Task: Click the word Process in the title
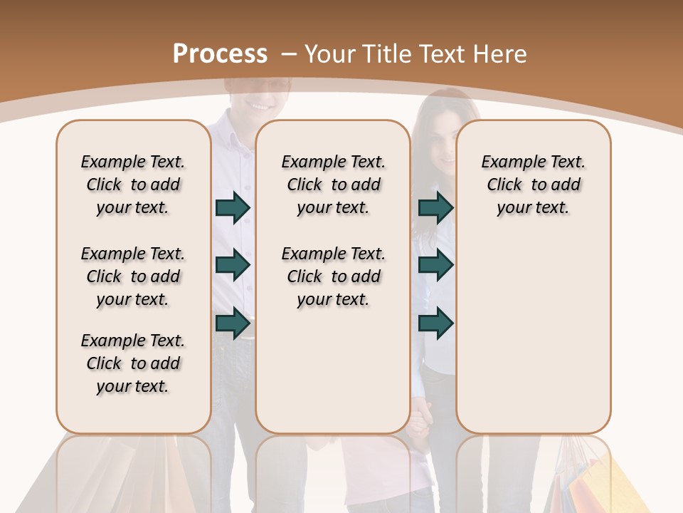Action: (x=220, y=53)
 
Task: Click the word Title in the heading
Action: (x=388, y=53)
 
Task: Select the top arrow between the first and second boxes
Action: (x=233, y=208)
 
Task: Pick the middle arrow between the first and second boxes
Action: (x=233, y=265)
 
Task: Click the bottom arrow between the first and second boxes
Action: (x=233, y=323)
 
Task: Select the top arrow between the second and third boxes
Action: (x=435, y=208)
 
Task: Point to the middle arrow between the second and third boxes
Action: (x=435, y=265)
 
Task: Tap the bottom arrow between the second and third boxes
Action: (x=435, y=323)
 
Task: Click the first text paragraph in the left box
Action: (x=133, y=185)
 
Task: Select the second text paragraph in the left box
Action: (x=133, y=276)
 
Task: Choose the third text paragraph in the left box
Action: (x=133, y=363)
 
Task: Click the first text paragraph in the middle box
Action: (x=334, y=185)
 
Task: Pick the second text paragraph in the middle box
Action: (x=334, y=276)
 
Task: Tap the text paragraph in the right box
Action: (x=534, y=185)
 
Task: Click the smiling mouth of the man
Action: (x=259, y=105)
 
